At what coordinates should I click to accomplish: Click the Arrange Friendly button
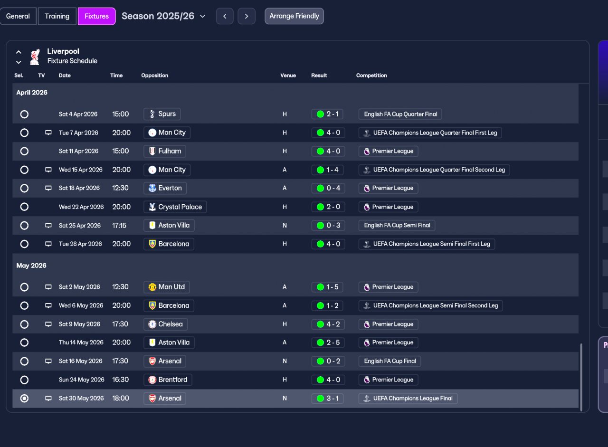coord(294,16)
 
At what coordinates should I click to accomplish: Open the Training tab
coord(57,16)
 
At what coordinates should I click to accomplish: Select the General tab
coord(18,16)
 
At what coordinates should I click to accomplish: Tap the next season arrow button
coord(247,16)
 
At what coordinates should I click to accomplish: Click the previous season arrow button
coord(225,16)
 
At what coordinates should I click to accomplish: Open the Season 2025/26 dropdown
coord(163,16)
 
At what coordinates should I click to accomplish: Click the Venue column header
coord(288,76)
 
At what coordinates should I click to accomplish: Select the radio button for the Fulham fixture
coord(24,151)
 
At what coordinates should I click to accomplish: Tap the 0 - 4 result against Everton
coord(328,188)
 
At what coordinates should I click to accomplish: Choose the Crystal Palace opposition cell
coord(175,207)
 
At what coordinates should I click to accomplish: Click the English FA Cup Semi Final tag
coord(397,225)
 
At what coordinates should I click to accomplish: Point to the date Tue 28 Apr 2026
coord(80,244)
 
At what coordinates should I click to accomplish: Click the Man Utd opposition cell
coord(167,287)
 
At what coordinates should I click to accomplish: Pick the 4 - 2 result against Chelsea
coord(328,324)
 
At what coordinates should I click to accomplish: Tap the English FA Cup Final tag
coord(390,361)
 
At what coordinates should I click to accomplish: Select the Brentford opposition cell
coord(168,380)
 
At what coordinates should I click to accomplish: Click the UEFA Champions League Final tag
coord(408,399)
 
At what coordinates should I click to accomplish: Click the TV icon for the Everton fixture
coord(48,188)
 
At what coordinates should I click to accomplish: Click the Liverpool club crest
coord(35,57)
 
